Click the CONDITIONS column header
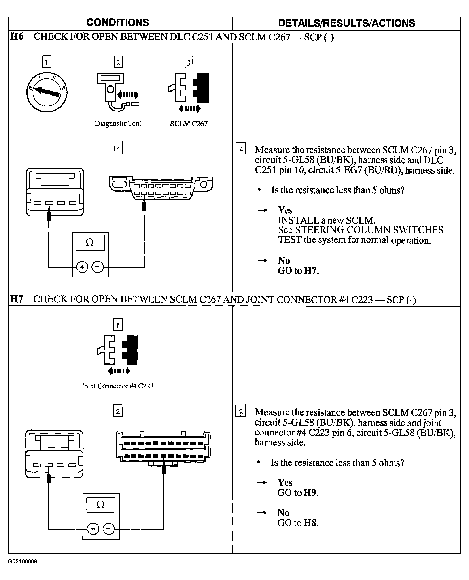[x=117, y=23]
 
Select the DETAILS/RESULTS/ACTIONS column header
[x=346, y=23]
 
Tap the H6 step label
[x=17, y=36]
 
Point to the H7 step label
[x=17, y=299]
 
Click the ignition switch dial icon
[x=47, y=92]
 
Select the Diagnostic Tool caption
[x=118, y=124]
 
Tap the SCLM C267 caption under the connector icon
[x=189, y=124]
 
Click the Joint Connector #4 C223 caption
[x=117, y=386]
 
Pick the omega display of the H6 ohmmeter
[x=90, y=243]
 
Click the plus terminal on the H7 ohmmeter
[x=93, y=529]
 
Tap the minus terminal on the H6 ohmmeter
[x=98, y=267]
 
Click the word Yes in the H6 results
[x=285, y=210]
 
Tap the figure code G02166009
[x=23, y=562]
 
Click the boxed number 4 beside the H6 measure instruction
[x=241, y=148]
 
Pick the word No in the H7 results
[x=283, y=512]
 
